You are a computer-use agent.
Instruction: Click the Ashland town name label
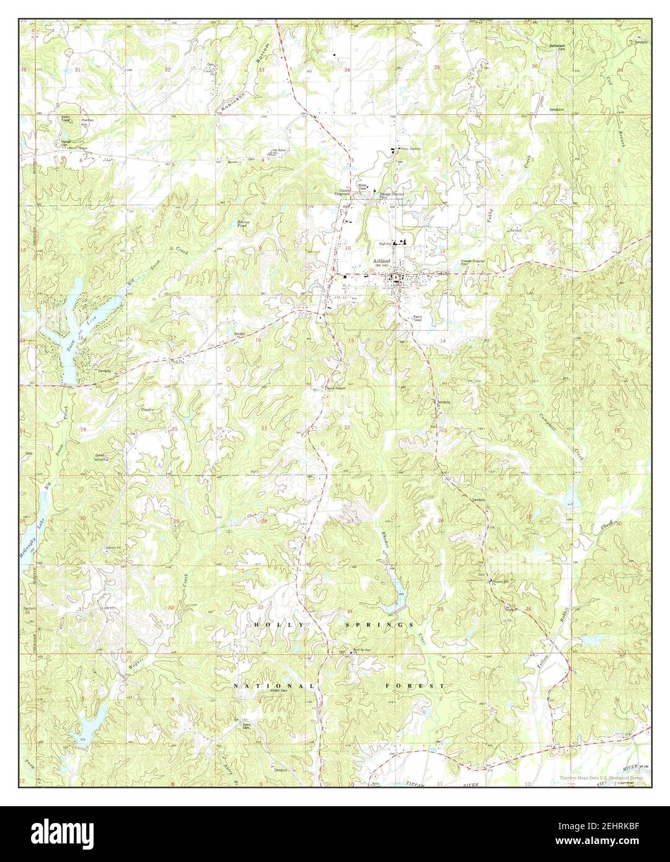point(383,262)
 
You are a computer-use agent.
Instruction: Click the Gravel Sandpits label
point(101,458)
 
